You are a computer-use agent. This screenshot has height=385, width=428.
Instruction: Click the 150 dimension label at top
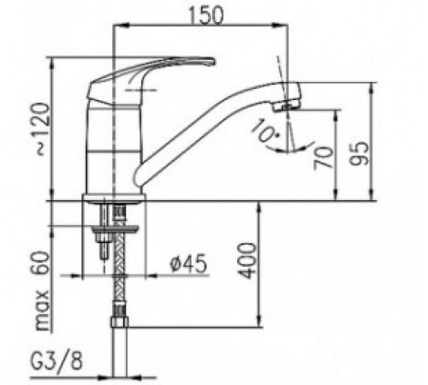click(205, 15)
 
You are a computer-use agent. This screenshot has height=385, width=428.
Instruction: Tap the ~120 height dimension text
click(44, 129)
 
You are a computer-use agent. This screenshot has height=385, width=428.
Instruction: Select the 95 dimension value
click(359, 153)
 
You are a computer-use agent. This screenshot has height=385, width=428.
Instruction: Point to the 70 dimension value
click(324, 157)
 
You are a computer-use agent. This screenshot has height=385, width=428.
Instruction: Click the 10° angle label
click(264, 130)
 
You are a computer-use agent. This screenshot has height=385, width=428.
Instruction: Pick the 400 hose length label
click(247, 260)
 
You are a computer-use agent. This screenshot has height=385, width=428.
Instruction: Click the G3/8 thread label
click(56, 360)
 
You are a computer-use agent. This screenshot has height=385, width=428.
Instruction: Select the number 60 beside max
click(39, 263)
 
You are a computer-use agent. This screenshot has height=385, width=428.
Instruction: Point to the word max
click(42, 310)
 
